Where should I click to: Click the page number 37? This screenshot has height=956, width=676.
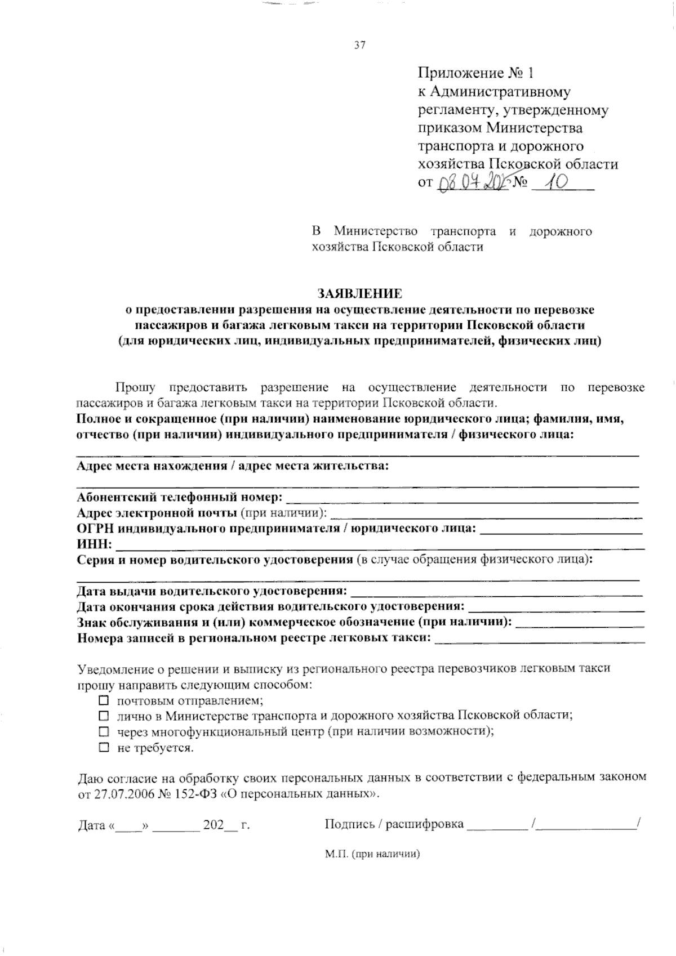pos(360,46)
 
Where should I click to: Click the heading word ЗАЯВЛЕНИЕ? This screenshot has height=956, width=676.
pos(360,294)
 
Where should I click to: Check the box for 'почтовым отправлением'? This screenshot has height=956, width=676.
pos(103,701)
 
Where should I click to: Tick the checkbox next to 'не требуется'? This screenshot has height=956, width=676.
pos(103,748)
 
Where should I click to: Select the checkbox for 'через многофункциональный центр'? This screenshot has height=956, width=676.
pos(103,732)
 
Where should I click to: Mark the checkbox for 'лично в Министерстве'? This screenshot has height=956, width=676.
pos(103,716)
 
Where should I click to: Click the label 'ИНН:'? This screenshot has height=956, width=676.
pos(94,544)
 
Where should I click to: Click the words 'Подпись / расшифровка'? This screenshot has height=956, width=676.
pos(394,825)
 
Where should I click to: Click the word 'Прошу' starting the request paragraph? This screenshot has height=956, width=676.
pos(135,387)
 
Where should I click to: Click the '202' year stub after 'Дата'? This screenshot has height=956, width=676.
pos(214,825)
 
